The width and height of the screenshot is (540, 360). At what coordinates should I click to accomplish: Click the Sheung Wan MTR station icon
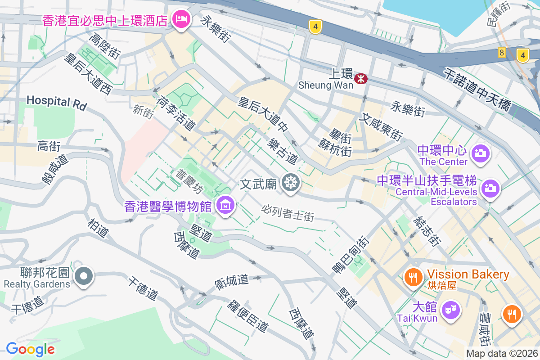(360, 79)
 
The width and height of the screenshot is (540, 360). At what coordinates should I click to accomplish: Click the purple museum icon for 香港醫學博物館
(225, 205)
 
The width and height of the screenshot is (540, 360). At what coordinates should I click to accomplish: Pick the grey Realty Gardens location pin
(84, 275)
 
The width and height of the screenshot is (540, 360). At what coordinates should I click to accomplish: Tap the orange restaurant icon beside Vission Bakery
(413, 275)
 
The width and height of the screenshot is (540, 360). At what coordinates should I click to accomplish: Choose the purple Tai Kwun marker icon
(450, 310)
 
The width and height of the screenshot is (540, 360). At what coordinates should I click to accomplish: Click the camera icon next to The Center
(481, 153)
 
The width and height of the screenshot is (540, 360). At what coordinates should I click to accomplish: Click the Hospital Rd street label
(56, 101)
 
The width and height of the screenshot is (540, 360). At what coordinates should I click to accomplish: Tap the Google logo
(30, 349)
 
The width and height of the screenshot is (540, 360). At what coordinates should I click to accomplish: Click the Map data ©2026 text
(502, 353)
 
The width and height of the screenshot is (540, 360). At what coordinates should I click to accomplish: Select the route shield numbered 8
(501, 53)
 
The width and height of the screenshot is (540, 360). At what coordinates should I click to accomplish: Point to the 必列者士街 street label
(288, 213)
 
